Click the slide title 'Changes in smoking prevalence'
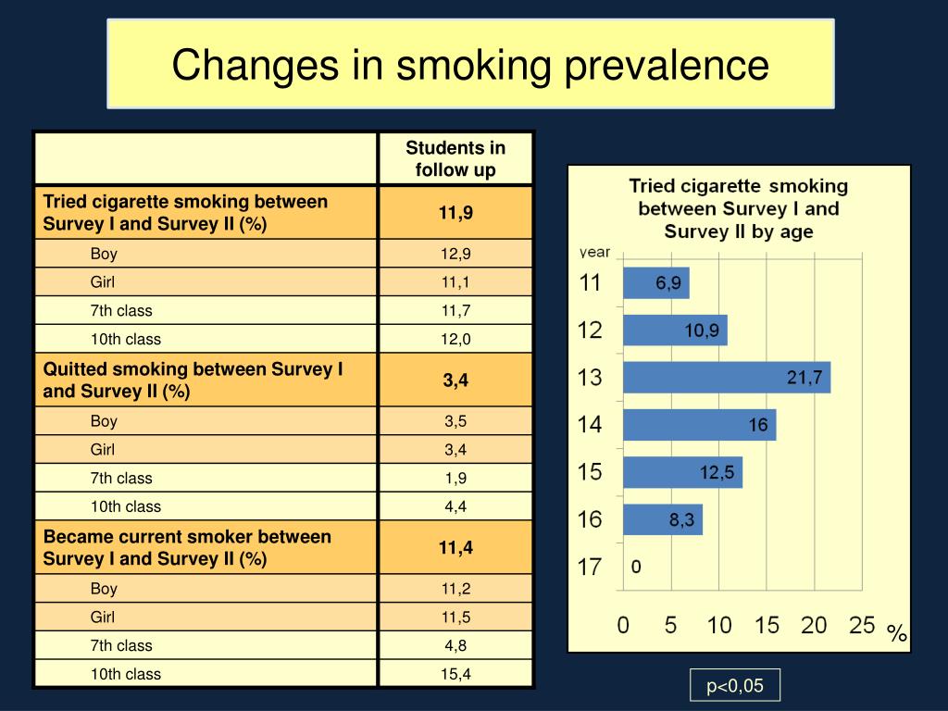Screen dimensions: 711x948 coord(470,65)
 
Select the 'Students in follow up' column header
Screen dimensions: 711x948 coord(455,158)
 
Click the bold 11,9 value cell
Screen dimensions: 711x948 coord(455,213)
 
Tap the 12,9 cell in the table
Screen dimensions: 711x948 coord(455,254)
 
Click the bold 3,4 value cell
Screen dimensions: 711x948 coord(455,380)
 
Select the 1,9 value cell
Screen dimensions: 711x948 coord(455,479)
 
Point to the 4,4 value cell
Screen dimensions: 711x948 coord(455,506)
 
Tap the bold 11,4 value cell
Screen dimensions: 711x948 coord(455,547)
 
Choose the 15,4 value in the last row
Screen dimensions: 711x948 coord(455,674)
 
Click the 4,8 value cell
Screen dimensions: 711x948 coord(455,645)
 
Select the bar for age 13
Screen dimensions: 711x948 coord(726,378)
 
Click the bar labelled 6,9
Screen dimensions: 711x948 coord(655,283)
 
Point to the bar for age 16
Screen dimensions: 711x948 coord(662,520)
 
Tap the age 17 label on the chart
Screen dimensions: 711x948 coord(590,567)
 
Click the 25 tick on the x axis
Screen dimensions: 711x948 coord(862,626)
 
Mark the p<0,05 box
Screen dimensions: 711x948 coord(735,686)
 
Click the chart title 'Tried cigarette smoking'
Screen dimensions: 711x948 coord(739,208)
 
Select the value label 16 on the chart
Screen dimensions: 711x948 coord(758,425)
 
